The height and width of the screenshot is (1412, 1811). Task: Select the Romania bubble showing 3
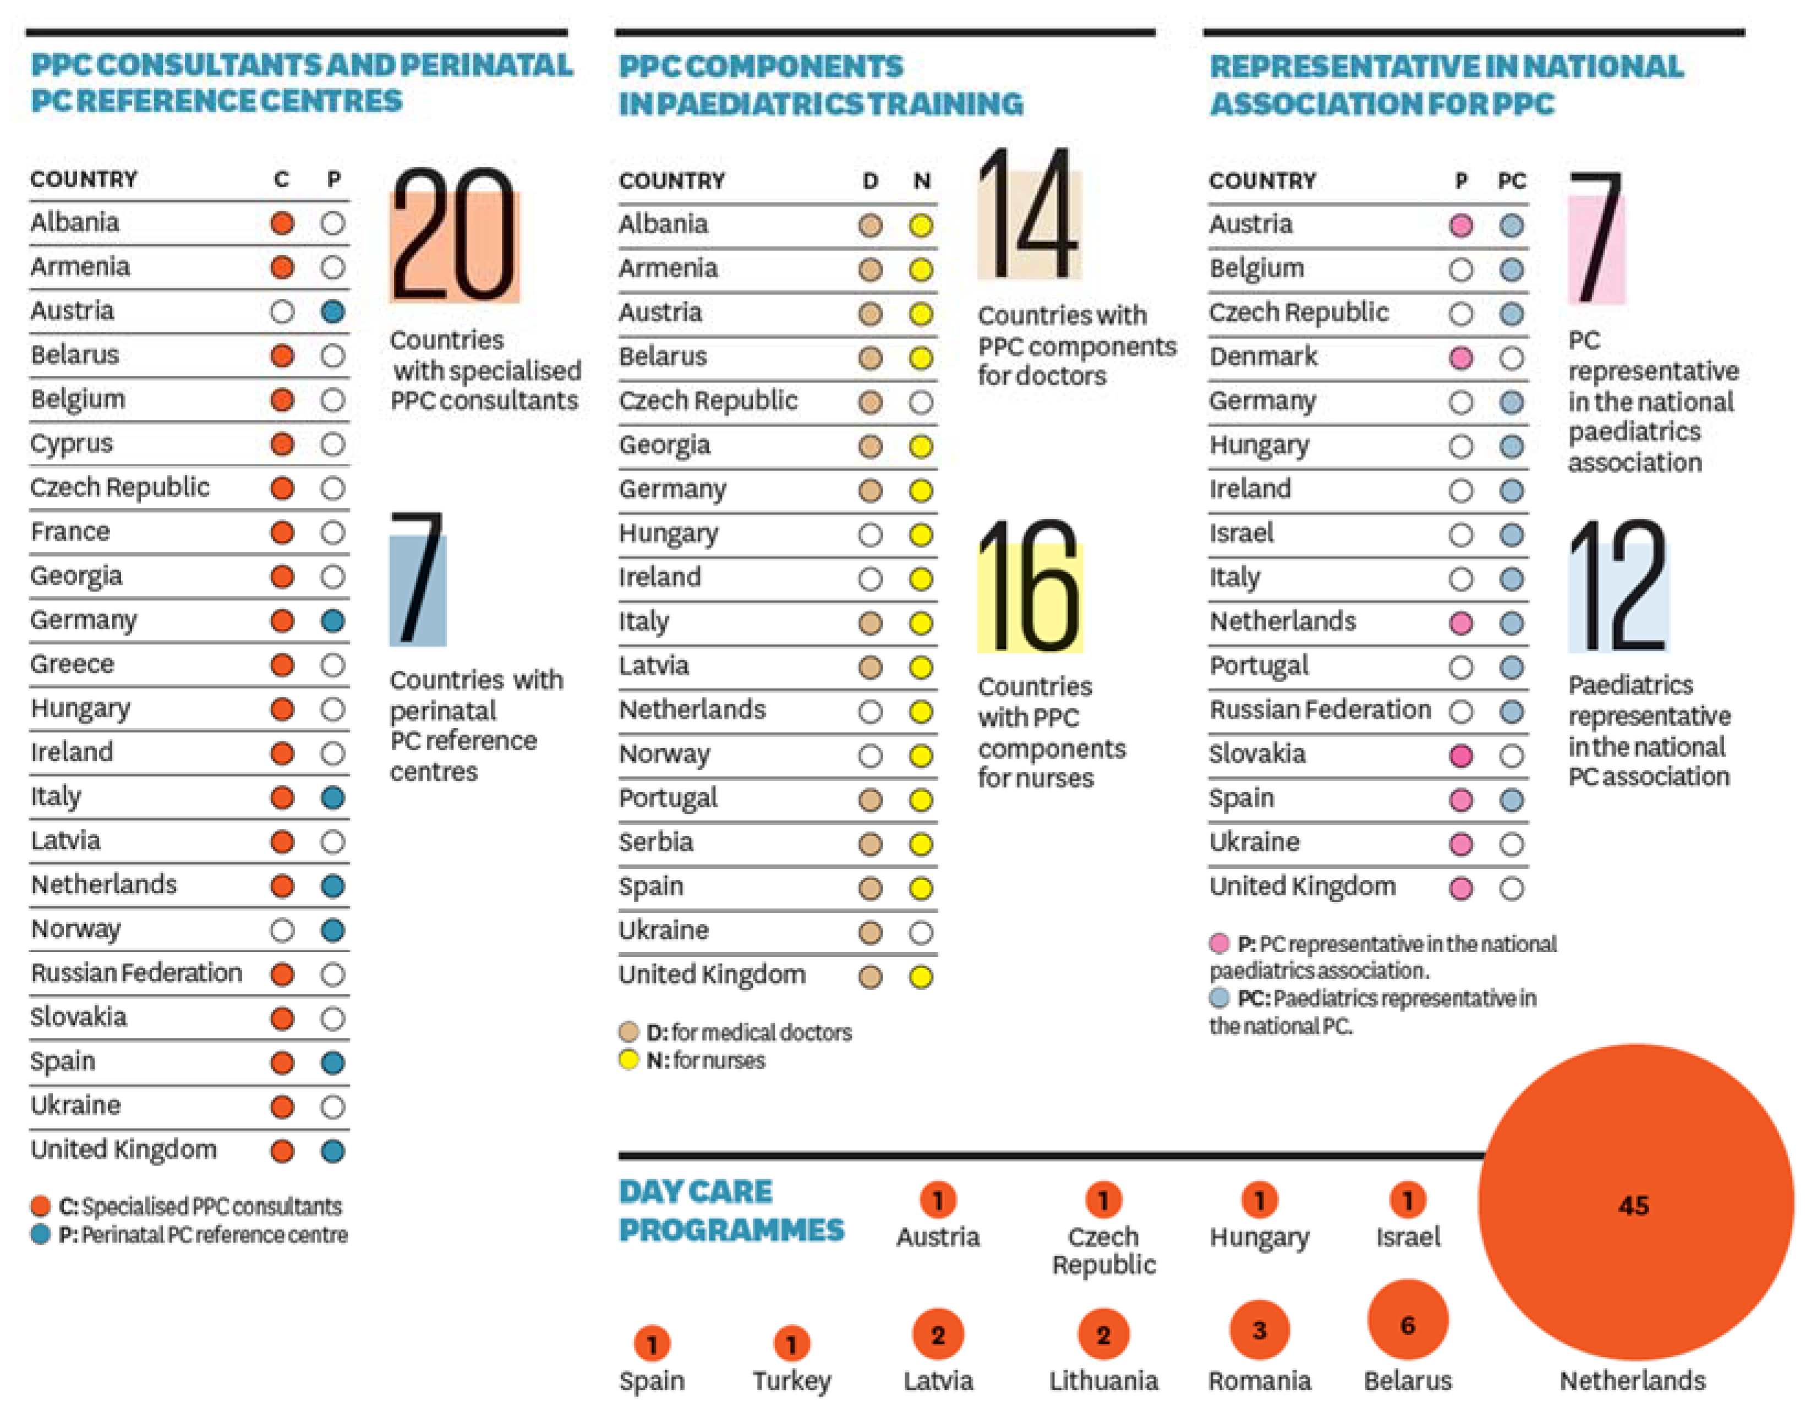coord(1259,1330)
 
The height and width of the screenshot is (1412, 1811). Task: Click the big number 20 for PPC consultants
coord(453,236)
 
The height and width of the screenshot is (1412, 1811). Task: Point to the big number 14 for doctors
coord(1029,216)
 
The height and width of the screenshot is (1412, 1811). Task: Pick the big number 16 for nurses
coord(1029,587)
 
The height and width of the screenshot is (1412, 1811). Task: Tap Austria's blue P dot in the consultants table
coord(332,312)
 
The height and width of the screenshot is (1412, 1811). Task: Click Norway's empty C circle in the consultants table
coord(282,931)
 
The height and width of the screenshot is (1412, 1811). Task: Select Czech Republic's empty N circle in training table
coord(921,402)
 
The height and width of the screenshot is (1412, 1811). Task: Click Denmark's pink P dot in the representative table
coord(1460,358)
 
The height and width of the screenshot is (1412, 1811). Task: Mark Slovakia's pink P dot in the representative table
coord(1460,756)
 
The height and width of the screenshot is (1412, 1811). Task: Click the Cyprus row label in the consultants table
coord(72,444)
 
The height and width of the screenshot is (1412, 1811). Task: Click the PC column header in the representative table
coord(1511,180)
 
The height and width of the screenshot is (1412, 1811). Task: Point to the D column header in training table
coord(870,180)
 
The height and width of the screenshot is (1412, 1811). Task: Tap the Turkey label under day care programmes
coord(791,1381)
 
